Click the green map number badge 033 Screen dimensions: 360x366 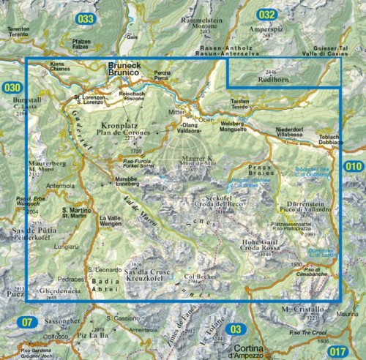coord(87,18)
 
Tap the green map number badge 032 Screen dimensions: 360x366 coord(268,15)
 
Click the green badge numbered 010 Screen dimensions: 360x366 coord(354,167)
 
